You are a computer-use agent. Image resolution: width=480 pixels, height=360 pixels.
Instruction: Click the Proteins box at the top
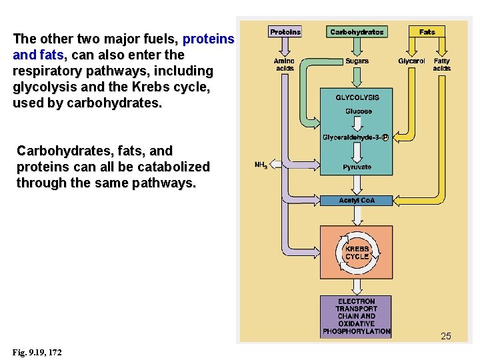285,31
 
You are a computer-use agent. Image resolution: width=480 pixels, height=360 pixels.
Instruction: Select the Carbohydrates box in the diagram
357,31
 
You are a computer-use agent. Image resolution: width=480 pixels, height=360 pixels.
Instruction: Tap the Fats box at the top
427,31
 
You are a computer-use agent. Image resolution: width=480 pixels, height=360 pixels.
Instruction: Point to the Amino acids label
285,65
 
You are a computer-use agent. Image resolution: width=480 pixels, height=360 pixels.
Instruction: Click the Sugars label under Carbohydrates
357,61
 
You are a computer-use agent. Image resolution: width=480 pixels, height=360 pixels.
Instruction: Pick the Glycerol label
411,61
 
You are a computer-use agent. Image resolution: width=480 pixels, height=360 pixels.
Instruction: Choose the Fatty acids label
441,65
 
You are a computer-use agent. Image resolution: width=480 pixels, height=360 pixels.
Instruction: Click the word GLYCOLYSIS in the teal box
357,97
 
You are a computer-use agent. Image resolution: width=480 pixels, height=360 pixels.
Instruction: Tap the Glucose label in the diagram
358,111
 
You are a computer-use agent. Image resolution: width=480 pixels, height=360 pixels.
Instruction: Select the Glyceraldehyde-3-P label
355,137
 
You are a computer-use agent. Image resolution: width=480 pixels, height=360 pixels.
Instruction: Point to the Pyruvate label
357,167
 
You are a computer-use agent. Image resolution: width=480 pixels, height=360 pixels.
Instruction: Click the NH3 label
261,165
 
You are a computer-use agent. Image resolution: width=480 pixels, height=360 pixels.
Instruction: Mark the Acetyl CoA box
357,200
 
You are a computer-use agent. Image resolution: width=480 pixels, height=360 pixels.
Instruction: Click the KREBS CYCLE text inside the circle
357,253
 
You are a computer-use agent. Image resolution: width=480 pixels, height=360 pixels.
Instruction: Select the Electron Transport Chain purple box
357,316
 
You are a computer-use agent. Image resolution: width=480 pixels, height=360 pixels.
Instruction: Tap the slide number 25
445,336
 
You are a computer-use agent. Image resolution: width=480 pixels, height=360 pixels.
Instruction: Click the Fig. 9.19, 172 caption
37,352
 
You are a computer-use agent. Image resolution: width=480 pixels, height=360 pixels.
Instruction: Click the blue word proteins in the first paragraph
208,39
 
